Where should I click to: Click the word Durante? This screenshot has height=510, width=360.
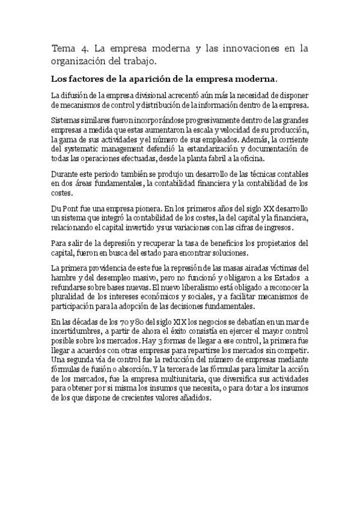tap(66, 174)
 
